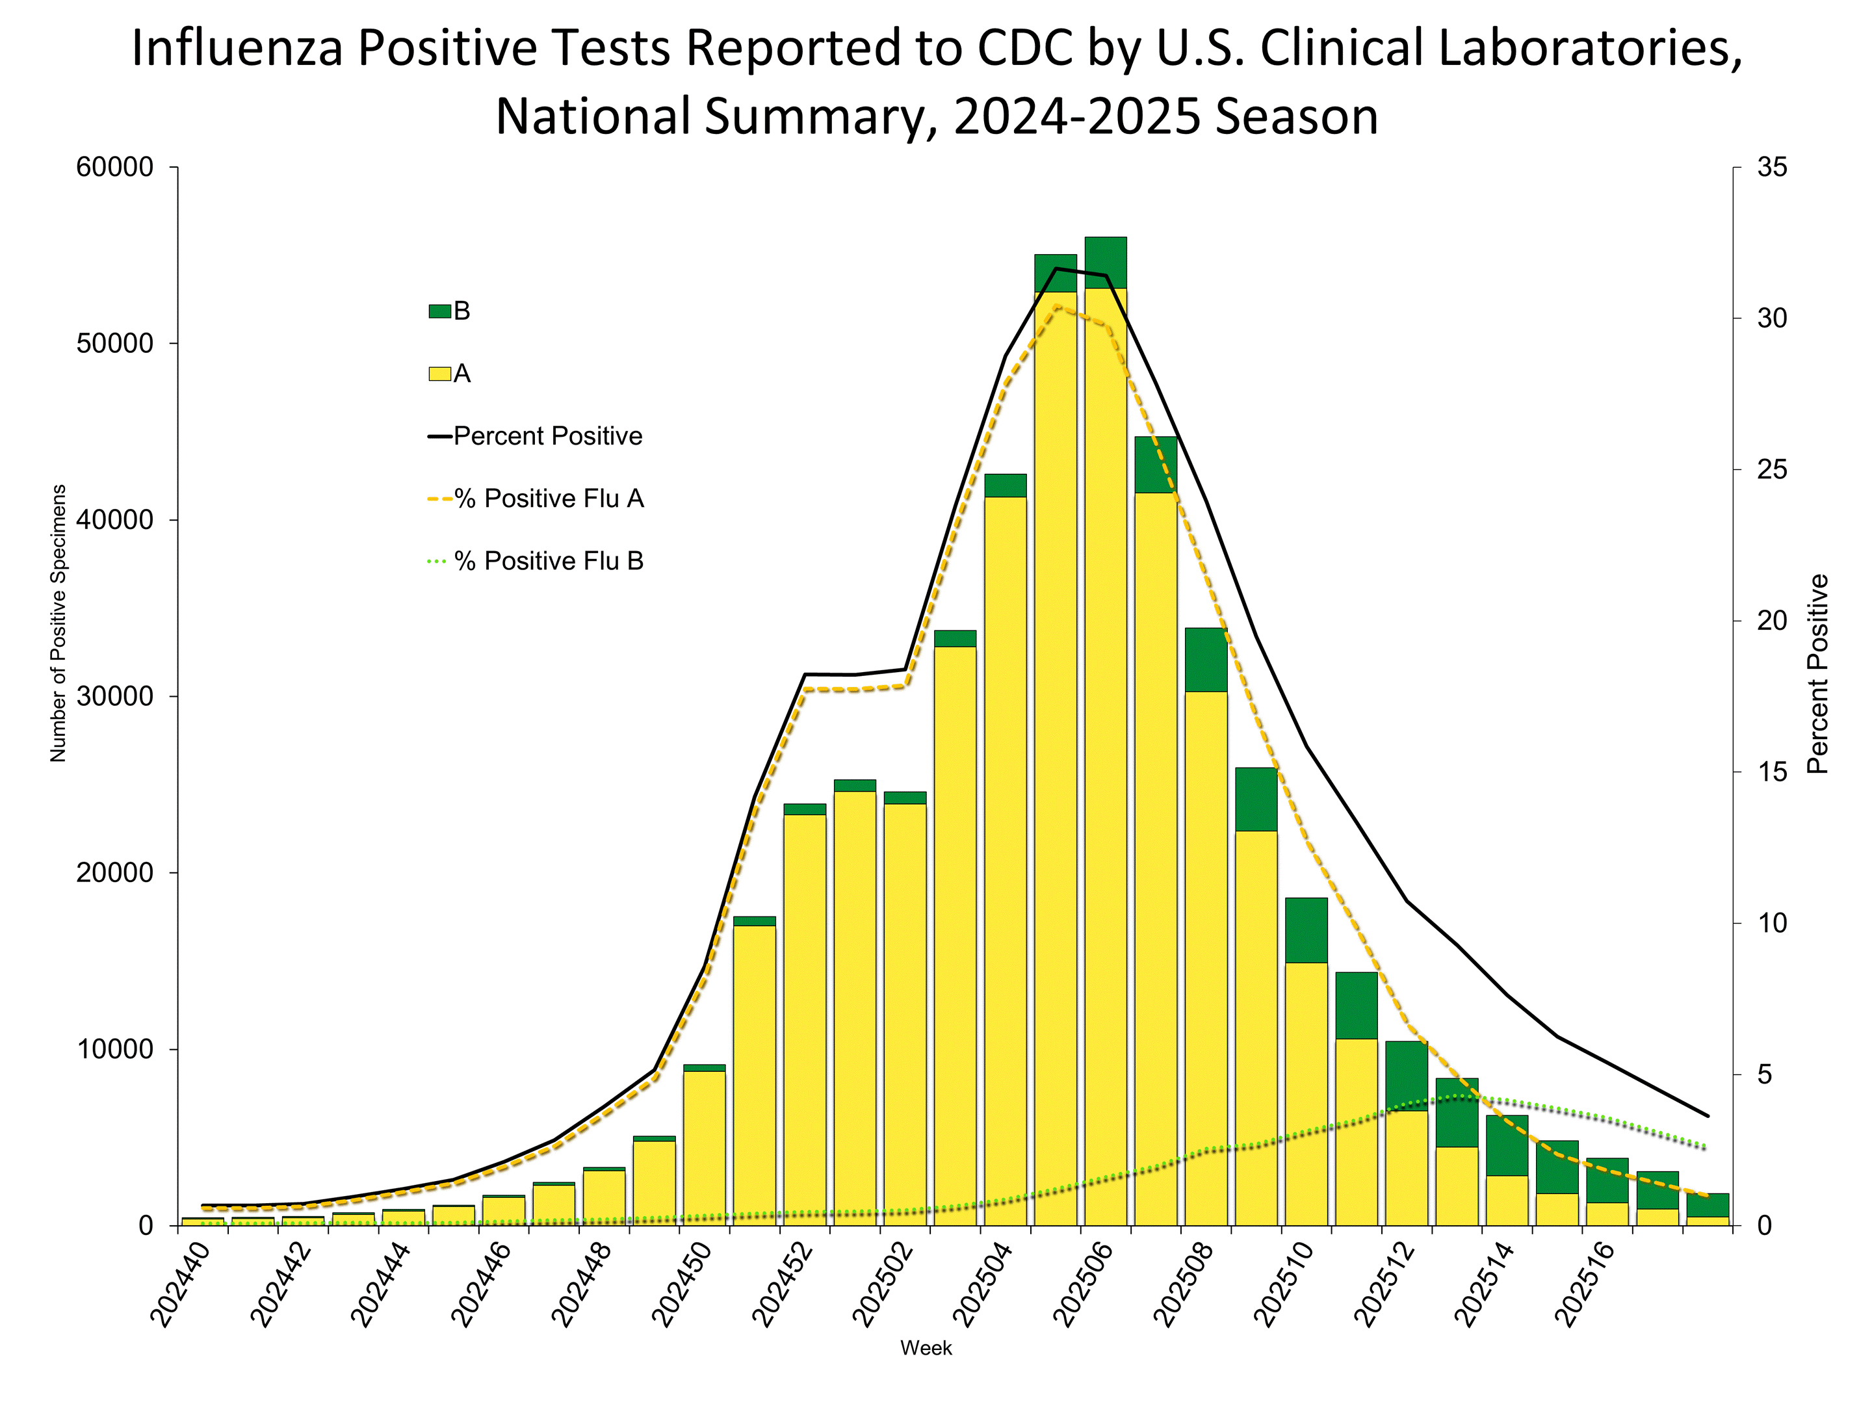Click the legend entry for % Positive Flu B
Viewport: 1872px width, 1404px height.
(549, 561)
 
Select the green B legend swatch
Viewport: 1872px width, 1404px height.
(439, 311)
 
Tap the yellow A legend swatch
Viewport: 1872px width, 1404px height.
(439, 374)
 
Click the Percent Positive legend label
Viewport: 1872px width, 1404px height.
(547, 436)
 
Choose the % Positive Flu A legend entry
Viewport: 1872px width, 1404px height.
(549, 499)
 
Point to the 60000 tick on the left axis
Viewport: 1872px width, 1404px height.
(115, 168)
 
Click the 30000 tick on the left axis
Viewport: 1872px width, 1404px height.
(115, 697)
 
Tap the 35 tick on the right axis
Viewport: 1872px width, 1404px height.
(1771, 168)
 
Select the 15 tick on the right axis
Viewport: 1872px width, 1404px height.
(1771, 772)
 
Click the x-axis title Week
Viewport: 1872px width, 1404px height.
(926, 1348)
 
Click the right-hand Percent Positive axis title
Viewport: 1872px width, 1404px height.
(1817, 675)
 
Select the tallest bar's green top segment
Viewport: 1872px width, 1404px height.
(1105, 263)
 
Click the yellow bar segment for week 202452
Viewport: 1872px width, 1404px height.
(804, 1015)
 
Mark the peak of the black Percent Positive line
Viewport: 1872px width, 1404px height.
(1056, 268)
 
